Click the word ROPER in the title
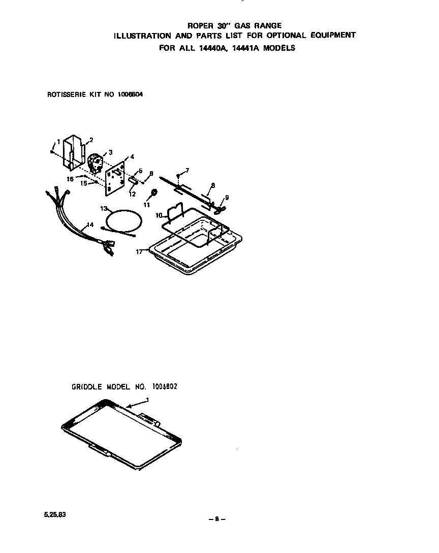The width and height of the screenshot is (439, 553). point(199,25)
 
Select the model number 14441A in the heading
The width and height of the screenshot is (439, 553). point(244,48)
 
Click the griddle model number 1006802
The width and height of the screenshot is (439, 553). point(165,386)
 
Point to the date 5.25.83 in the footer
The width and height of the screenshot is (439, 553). point(55,514)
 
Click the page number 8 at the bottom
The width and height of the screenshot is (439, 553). point(217,519)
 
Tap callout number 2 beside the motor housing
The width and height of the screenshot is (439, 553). point(91,140)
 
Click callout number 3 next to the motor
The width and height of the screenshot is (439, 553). point(110,152)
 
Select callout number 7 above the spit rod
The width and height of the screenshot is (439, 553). point(187,171)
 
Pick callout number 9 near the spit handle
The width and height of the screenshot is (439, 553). point(227,198)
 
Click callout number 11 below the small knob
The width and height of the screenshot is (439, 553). point(147,204)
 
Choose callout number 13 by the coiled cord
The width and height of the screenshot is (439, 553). point(104,208)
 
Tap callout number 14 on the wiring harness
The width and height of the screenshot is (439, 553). point(90,224)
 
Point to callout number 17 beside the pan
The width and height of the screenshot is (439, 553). point(139,251)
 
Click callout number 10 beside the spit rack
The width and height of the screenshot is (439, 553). point(159,215)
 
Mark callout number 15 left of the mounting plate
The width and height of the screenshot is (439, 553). point(84,183)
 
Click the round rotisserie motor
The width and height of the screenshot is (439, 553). point(95,163)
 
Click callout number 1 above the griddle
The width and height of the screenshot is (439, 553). point(147,400)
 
